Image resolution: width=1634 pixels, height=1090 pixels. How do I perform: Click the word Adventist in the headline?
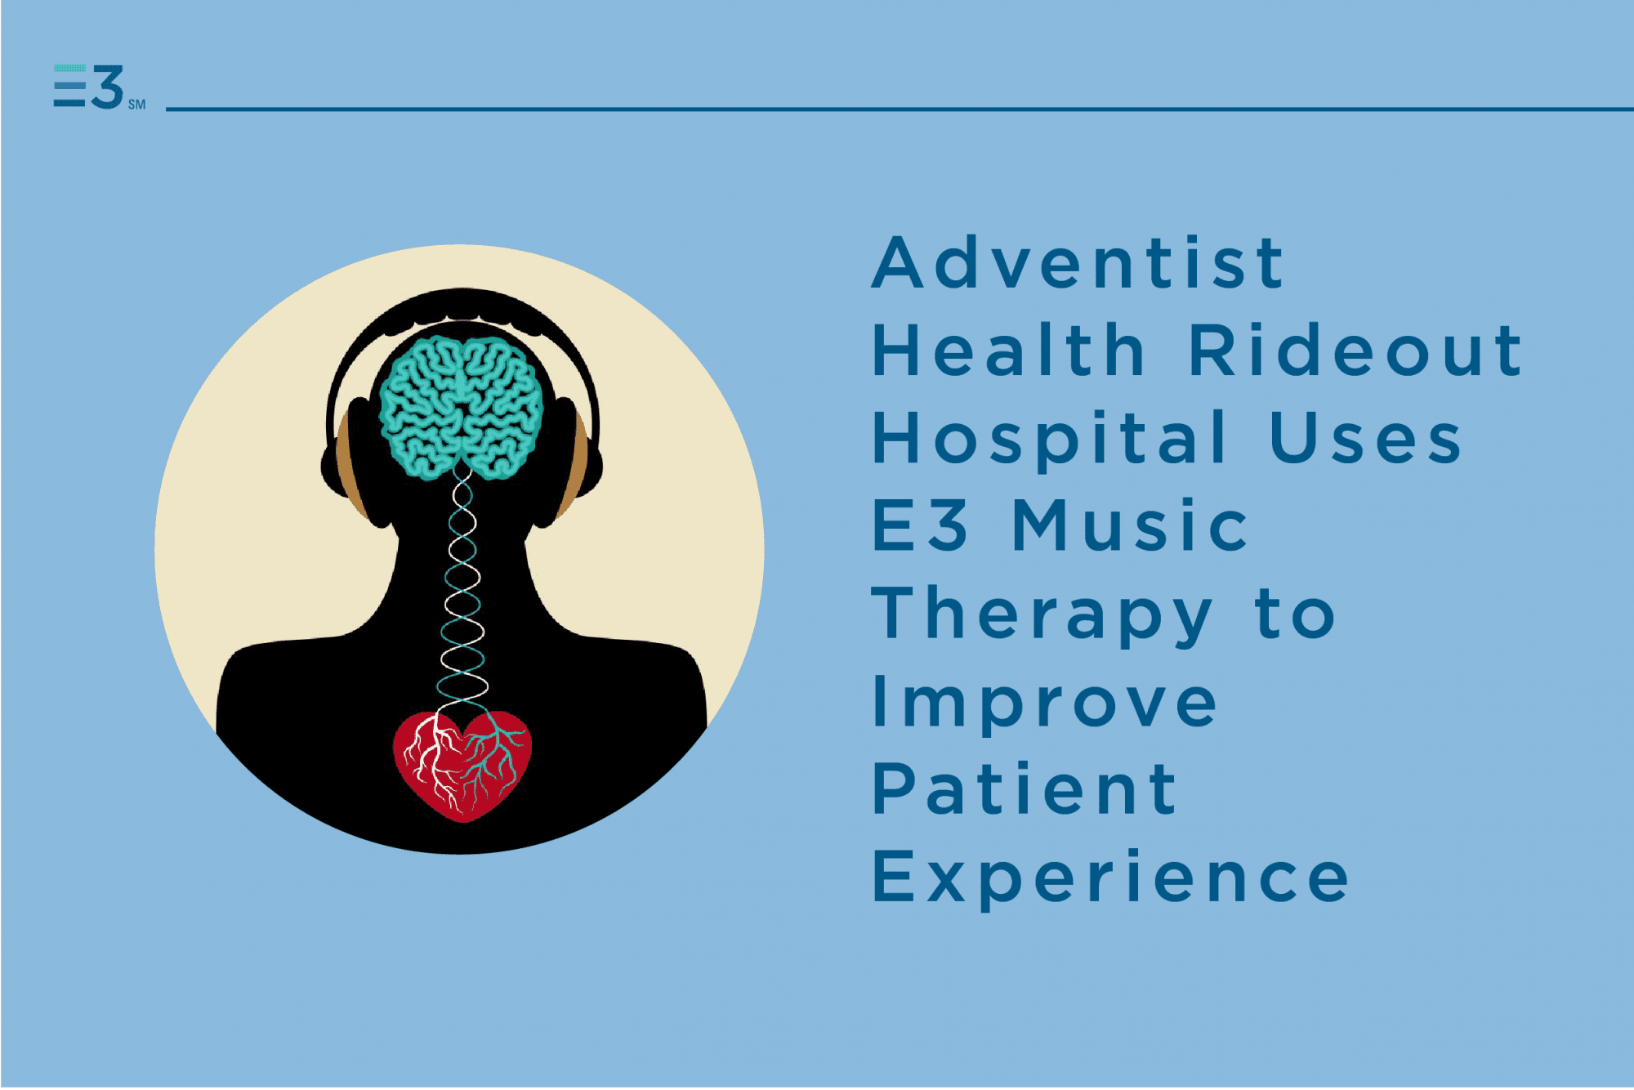[x=1078, y=262]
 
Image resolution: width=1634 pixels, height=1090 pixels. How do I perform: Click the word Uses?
[x=1364, y=439]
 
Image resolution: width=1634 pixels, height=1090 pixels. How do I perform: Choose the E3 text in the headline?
[x=920, y=525]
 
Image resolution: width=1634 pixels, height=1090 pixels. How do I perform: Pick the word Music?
[x=1130, y=525]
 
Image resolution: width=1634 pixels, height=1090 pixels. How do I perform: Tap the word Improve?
[x=1045, y=704]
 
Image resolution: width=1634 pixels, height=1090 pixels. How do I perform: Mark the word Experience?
[x=1110, y=878]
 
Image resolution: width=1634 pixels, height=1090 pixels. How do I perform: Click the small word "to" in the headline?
[x=1296, y=614]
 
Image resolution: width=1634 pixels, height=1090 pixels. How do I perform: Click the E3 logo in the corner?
[x=88, y=87]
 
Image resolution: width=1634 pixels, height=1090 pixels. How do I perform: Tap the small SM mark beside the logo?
[x=136, y=105]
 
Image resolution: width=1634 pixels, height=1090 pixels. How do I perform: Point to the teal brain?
[x=462, y=407]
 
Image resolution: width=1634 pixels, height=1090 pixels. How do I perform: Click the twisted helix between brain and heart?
[x=462, y=588]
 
